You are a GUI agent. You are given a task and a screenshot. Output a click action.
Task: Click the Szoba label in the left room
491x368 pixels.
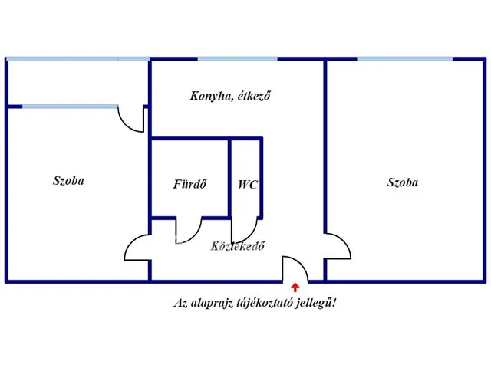(68, 182)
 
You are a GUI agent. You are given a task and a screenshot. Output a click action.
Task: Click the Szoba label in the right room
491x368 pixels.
(403, 182)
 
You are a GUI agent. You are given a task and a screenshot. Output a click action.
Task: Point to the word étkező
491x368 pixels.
(255, 97)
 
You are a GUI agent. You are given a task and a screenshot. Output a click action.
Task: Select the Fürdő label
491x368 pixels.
(189, 185)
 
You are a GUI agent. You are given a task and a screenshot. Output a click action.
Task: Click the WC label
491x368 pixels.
(247, 185)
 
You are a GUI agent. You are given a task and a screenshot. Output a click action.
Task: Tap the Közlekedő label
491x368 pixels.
(238, 246)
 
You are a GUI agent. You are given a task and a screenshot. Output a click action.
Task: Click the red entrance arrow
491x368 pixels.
(296, 287)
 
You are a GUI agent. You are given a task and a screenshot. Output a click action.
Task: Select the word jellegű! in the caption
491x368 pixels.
(315, 303)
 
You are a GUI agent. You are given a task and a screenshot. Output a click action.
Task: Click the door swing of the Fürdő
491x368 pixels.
(189, 228)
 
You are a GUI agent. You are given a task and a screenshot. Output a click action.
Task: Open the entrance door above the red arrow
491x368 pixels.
(295, 269)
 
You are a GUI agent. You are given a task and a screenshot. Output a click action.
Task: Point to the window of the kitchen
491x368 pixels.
(238, 58)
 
